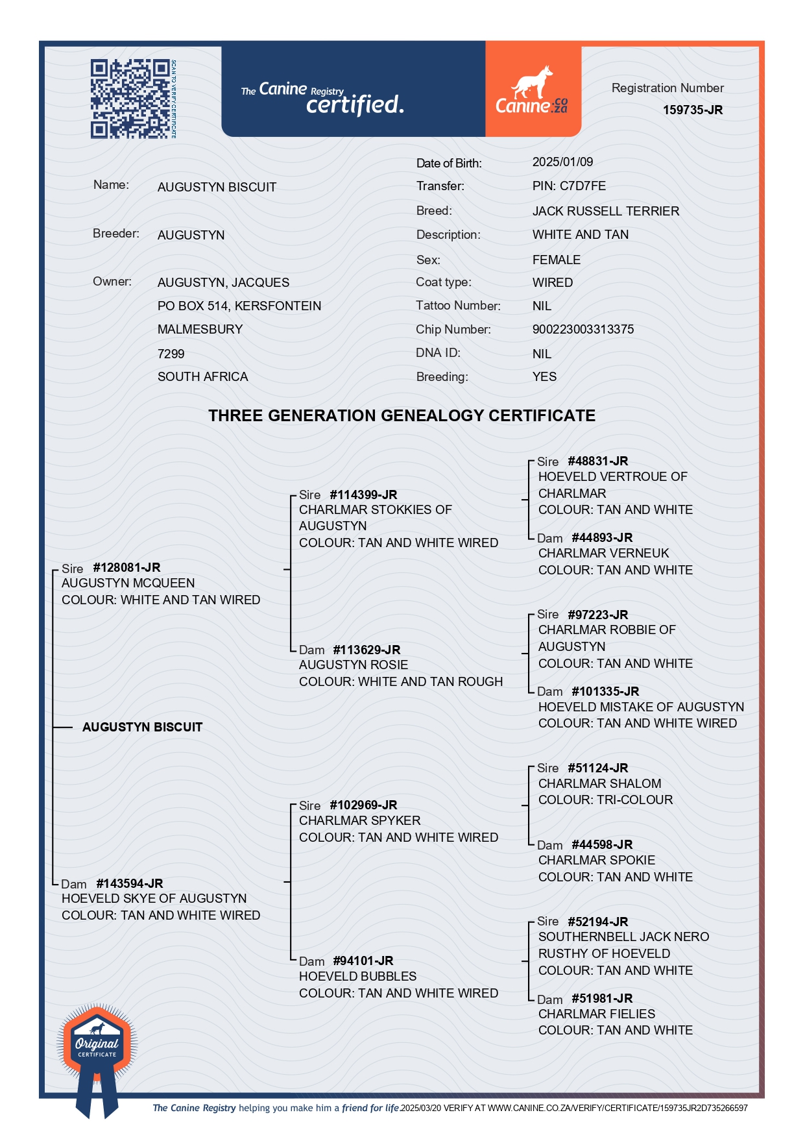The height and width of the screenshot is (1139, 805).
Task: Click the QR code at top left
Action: pos(130,99)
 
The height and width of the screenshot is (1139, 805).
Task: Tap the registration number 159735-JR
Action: pos(692,110)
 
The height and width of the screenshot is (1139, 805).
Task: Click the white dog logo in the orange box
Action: pos(532,83)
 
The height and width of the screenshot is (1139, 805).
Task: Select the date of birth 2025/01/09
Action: pos(562,162)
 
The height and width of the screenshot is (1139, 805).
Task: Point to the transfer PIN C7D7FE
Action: pos(569,186)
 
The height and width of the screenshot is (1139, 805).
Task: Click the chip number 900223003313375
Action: pos(583,329)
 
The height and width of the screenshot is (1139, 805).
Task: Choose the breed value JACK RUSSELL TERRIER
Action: pos(605,211)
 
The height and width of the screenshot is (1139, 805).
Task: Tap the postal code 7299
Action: pos(171,354)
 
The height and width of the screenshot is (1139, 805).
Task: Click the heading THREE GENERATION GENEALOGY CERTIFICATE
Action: pos(402,415)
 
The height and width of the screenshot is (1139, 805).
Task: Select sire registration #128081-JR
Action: pos(126,567)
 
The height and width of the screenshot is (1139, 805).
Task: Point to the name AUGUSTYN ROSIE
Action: pos(353,665)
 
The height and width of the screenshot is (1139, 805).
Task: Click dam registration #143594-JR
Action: pos(129,883)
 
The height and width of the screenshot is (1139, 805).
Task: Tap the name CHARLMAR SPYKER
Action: pos(359,820)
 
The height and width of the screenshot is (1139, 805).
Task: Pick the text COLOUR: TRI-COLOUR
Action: pos(605,800)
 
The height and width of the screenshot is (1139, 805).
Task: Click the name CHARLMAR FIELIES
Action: pos(596,1014)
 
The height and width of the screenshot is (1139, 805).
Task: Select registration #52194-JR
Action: pos(597,922)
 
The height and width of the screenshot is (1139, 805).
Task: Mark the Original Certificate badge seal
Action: pos(97,1045)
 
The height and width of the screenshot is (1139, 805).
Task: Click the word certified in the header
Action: pos(354,104)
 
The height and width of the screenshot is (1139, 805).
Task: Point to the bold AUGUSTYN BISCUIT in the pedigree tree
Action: pos(142,727)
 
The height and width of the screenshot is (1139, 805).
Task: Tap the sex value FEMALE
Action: pos(556,260)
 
